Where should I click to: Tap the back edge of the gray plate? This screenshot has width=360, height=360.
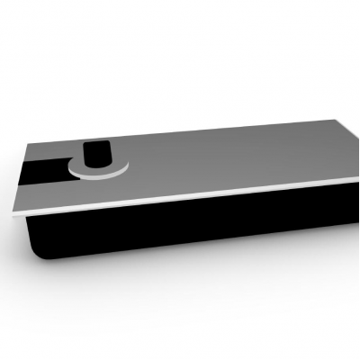click(180, 131)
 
